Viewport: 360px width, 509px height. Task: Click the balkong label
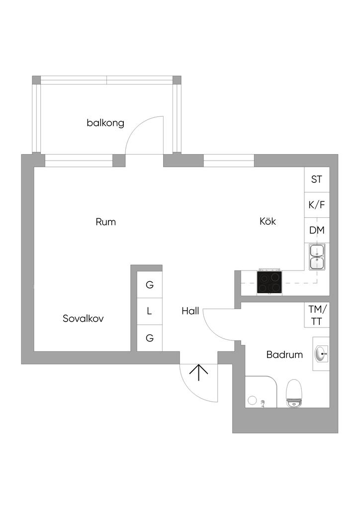tap(105, 123)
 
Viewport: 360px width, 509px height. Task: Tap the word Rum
tap(105, 222)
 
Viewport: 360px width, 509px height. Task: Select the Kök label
tap(268, 221)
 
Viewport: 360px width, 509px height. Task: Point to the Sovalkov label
tap(83, 319)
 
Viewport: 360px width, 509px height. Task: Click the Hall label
tap(190, 311)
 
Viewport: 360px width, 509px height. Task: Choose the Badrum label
tap(284, 354)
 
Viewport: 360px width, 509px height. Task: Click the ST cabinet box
tap(317, 179)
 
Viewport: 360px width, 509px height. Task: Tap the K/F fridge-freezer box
tap(317, 205)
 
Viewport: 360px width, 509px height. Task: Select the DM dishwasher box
tap(317, 230)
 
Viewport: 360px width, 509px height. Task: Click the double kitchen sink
tap(317, 256)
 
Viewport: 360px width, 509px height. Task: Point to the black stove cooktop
tap(270, 282)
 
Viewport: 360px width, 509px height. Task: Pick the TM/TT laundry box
tap(317, 315)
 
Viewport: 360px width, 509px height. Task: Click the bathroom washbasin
tap(321, 354)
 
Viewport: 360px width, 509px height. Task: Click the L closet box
tap(149, 312)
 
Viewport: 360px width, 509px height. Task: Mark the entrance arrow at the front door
tap(198, 372)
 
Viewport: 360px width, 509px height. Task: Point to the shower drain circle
tap(252, 400)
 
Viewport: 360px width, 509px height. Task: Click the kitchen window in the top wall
tap(229, 161)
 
